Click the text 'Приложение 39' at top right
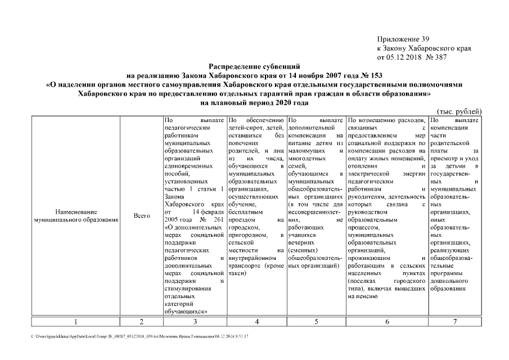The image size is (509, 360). [x=403, y=39]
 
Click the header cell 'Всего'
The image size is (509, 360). [x=141, y=215]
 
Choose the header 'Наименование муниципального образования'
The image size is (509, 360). [x=75, y=215]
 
